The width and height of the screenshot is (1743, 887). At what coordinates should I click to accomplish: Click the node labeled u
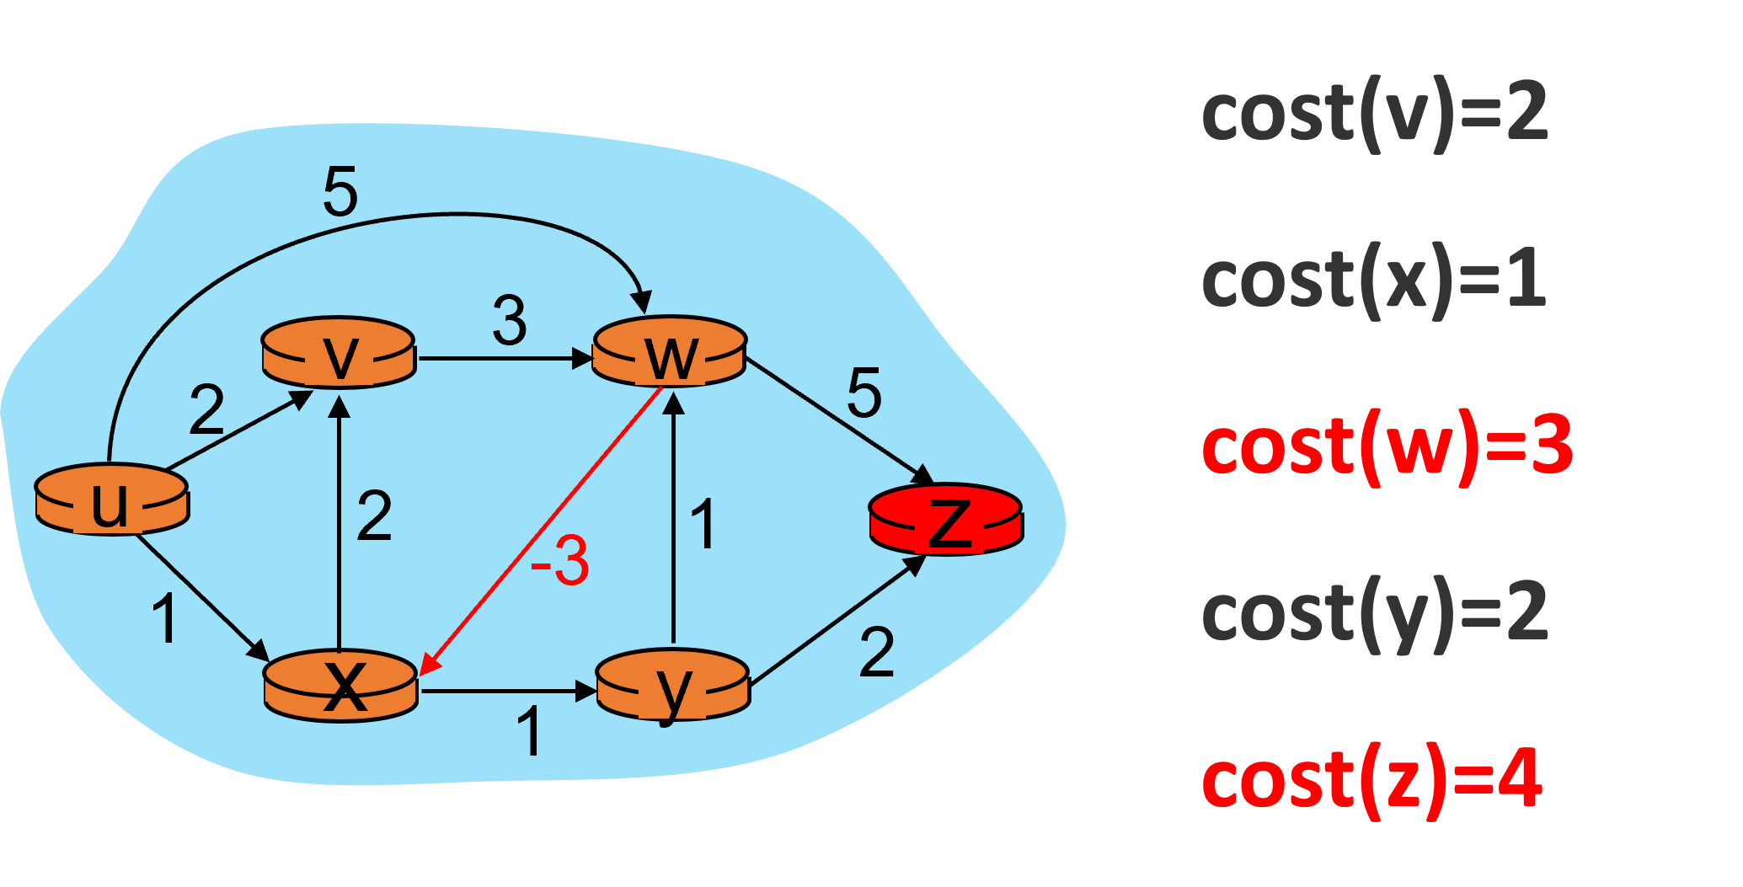(111, 500)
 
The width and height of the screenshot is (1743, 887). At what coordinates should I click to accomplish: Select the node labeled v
(339, 353)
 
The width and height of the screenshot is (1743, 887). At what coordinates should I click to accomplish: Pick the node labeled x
(341, 687)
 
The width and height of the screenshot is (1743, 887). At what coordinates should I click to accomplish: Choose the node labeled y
(672, 687)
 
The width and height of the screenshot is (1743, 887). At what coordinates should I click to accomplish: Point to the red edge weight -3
(560, 561)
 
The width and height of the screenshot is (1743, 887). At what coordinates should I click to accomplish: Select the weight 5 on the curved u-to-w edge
(340, 192)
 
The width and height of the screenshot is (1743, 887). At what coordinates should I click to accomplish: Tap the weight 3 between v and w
(510, 321)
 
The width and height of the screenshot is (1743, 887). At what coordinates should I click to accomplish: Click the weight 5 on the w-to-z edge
(864, 393)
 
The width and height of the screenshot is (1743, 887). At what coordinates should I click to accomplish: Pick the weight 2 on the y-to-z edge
(877, 653)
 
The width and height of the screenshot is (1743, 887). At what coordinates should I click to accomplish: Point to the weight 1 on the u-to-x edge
(165, 619)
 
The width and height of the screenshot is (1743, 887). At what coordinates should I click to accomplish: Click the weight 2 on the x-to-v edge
(374, 516)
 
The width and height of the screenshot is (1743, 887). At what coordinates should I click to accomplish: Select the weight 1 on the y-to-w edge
(703, 525)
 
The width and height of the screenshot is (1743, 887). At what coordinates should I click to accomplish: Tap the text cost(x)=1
(1375, 281)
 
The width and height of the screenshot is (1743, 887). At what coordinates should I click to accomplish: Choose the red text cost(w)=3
(1387, 447)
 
